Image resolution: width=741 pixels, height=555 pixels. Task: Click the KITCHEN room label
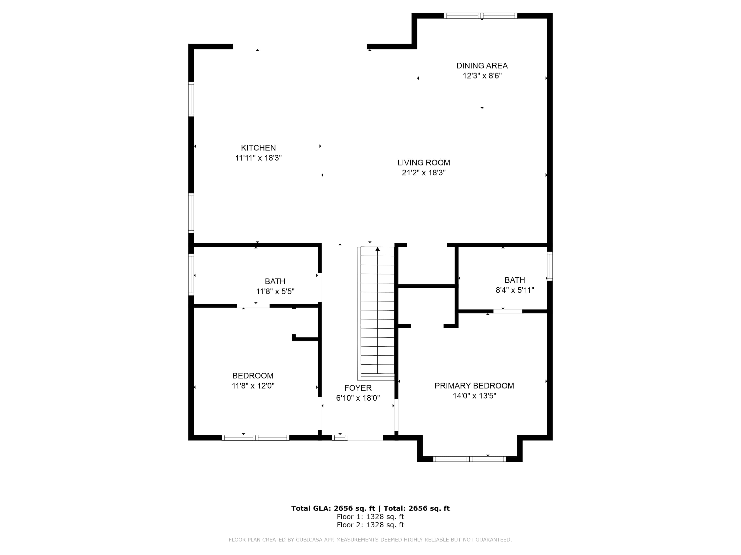(x=258, y=148)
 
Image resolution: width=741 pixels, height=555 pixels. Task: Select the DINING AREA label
(x=482, y=66)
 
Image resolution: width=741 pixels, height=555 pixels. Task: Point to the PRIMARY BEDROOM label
(x=474, y=386)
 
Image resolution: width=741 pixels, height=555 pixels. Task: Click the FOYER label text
(x=358, y=388)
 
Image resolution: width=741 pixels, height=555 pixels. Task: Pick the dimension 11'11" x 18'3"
(x=258, y=158)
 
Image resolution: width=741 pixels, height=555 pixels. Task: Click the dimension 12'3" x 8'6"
(x=482, y=76)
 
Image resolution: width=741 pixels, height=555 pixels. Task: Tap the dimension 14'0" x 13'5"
(x=474, y=396)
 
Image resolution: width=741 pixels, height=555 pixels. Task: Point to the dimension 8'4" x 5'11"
(x=515, y=290)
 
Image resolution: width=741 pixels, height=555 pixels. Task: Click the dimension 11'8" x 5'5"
(x=275, y=291)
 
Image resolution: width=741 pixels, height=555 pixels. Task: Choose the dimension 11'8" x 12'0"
(x=253, y=386)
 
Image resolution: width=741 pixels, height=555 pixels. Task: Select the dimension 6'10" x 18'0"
(x=358, y=398)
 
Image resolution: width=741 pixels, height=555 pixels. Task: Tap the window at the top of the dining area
(x=480, y=16)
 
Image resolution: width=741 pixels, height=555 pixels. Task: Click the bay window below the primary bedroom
(x=469, y=459)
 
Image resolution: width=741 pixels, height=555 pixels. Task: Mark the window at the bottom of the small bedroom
(x=255, y=438)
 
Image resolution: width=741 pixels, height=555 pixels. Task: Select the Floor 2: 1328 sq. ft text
(x=370, y=525)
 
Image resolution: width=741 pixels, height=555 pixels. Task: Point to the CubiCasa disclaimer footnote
(x=370, y=540)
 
